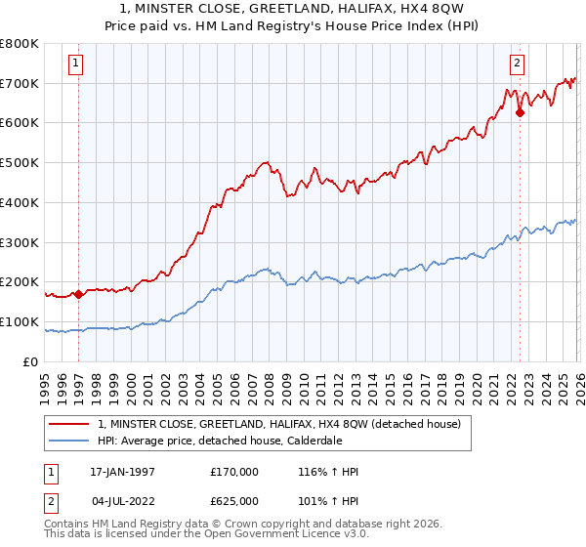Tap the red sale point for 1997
78,294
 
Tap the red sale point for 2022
520,112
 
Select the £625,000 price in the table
234,500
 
